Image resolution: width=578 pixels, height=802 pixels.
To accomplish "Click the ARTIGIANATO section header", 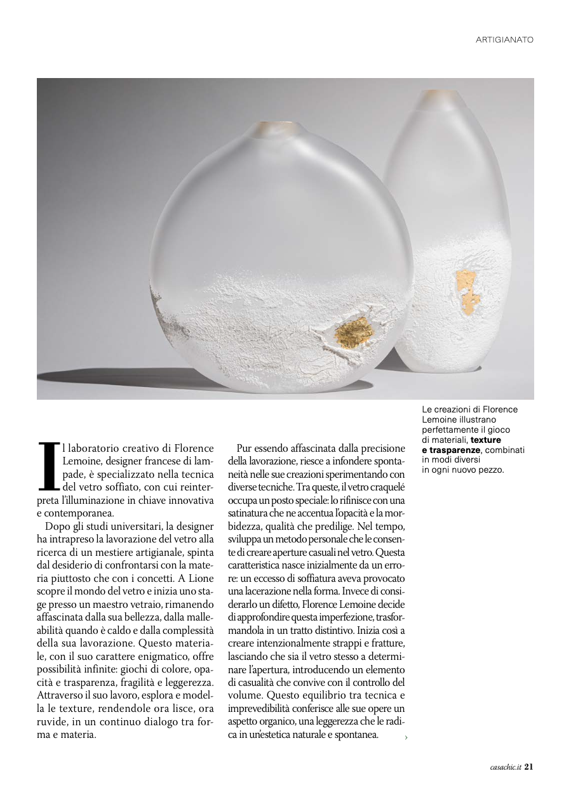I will tap(504, 40).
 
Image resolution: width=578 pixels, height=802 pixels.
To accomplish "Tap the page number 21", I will tap(528, 766).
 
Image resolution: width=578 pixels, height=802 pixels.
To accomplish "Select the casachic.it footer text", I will tap(506, 766).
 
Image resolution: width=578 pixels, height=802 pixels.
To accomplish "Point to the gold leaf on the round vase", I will tap(354, 331).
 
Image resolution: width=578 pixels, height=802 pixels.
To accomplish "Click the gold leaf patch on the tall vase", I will tap(466, 289).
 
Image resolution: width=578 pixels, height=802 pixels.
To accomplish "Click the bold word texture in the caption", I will tap(486, 440).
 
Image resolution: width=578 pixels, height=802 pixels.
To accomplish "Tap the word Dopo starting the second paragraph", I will tap(57, 526).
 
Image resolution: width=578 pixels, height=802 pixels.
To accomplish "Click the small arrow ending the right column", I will tap(406, 737).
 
